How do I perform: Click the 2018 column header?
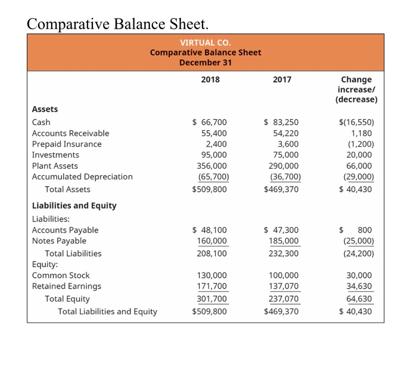pyautogui.click(x=210, y=79)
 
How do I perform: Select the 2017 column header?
pyautogui.click(x=282, y=79)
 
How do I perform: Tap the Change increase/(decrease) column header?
pyautogui.click(x=356, y=89)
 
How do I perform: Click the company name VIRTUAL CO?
pyautogui.click(x=205, y=42)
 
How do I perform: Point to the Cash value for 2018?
pyautogui.click(x=209, y=122)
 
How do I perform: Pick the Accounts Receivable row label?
pyautogui.click(x=70, y=133)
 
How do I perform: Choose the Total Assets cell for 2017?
pyautogui.click(x=281, y=189)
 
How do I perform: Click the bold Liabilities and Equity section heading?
pyautogui.click(x=74, y=205)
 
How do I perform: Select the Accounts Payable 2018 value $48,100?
pyautogui.click(x=209, y=230)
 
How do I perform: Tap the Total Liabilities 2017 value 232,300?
pyautogui.click(x=284, y=253)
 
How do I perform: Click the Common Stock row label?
pyautogui.click(x=61, y=275)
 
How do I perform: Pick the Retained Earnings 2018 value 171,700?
pyautogui.click(x=211, y=286)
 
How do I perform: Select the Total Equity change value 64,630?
pyautogui.click(x=360, y=299)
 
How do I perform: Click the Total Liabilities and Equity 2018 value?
pyautogui.click(x=209, y=311)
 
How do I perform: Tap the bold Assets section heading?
pyautogui.click(x=45, y=109)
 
